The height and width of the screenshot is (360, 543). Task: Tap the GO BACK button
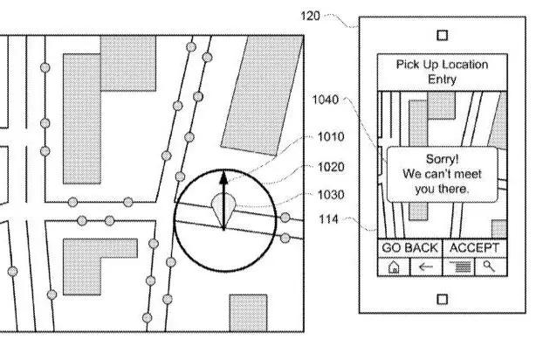409,248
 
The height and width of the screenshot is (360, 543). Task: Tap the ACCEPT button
475,248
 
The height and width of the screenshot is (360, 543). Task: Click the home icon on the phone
394,267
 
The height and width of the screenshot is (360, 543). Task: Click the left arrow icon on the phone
426,267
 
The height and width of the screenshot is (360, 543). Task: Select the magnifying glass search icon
489,267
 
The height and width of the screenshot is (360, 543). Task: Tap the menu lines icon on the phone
460,267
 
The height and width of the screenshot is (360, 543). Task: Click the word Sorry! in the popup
443,159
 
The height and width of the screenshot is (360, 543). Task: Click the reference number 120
310,16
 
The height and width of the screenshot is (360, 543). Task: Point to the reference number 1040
325,100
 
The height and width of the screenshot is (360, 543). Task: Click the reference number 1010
331,136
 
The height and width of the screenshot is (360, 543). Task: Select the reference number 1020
331,167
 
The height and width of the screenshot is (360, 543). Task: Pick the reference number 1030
331,195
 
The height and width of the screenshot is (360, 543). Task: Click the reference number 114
328,219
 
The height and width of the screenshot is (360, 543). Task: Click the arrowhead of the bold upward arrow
224,177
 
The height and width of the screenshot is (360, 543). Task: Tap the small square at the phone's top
443,35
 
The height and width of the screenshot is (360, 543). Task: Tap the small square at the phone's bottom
443,300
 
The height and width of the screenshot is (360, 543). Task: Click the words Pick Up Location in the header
443,65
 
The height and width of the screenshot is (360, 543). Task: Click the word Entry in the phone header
443,80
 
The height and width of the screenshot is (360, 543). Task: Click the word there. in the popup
456,190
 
